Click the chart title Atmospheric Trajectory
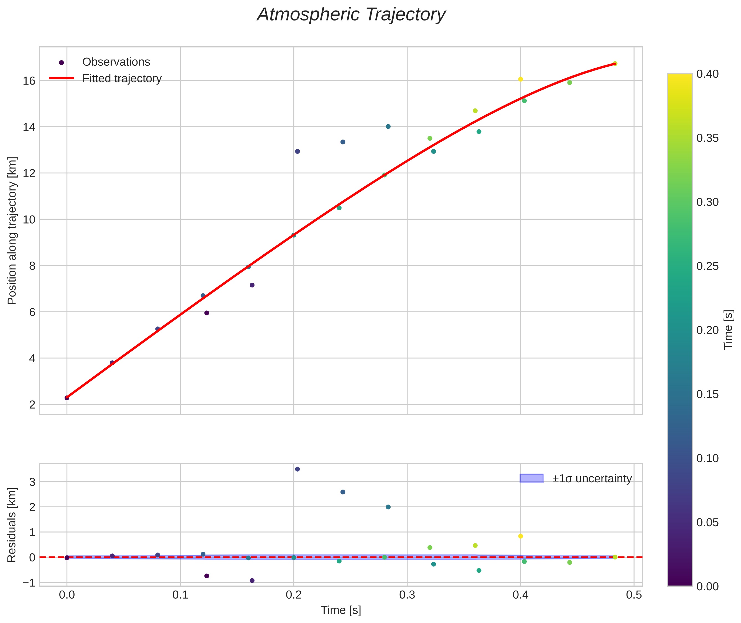[x=351, y=15]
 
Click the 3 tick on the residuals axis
[x=32, y=482]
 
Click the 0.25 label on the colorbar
[x=707, y=266]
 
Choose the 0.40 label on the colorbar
[x=707, y=74]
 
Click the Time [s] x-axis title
[x=341, y=610]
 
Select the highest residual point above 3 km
[x=297, y=469]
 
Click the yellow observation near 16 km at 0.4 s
[x=520, y=79]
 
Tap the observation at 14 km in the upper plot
[x=388, y=126]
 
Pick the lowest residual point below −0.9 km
[x=252, y=581]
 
